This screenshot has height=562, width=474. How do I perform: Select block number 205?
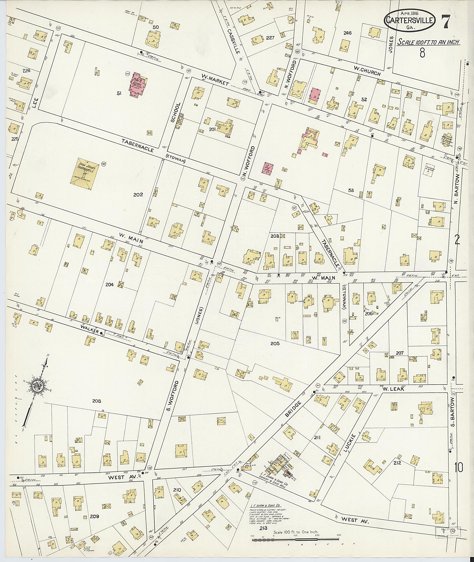pyautogui.click(x=275, y=343)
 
